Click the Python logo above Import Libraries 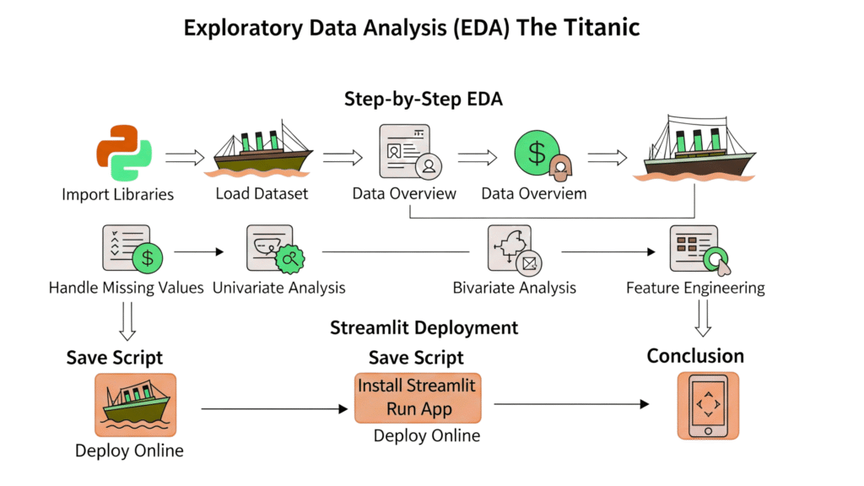click(124, 154)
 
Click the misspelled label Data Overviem click(534, 194)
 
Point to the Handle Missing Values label click(127, 288)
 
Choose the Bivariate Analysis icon click(515, 250)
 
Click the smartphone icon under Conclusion click(708, 406)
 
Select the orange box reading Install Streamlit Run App click(418, 398)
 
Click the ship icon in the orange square click(136, 405)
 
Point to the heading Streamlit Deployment click(424, 328)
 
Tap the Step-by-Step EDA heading click(424, 100)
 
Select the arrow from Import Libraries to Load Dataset click(185, 158)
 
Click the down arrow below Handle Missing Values click(127, 321)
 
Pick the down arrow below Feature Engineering click(703, 318)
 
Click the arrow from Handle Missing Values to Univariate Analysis click(199, 251)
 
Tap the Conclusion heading click(695, 356)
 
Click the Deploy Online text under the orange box click(427, 435)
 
